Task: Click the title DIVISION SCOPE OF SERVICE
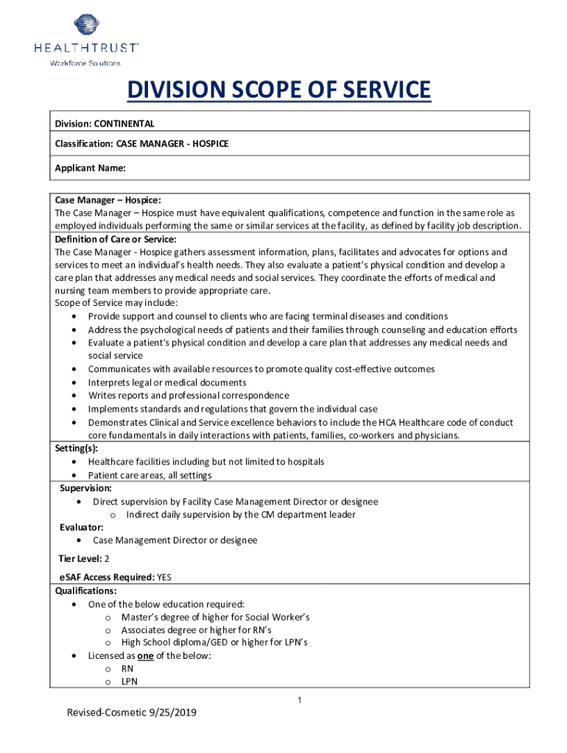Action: [278, 90]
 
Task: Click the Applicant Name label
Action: [90, 168]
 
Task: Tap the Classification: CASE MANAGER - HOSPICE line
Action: [141, 143]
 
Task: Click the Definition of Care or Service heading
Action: [116, 239]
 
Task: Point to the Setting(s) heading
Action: [77, 448]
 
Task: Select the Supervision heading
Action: [86, 488]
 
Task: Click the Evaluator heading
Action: [81, 527]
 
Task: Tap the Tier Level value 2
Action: [107, 559]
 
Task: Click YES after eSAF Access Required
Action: [168, 577]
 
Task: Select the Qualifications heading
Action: [85, 590]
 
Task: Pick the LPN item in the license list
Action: [130, 682]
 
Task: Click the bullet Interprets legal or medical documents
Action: [167, 382]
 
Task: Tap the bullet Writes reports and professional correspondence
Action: [189, 396]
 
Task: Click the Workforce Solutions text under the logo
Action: [85, 63]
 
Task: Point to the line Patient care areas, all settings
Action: [149, 475]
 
